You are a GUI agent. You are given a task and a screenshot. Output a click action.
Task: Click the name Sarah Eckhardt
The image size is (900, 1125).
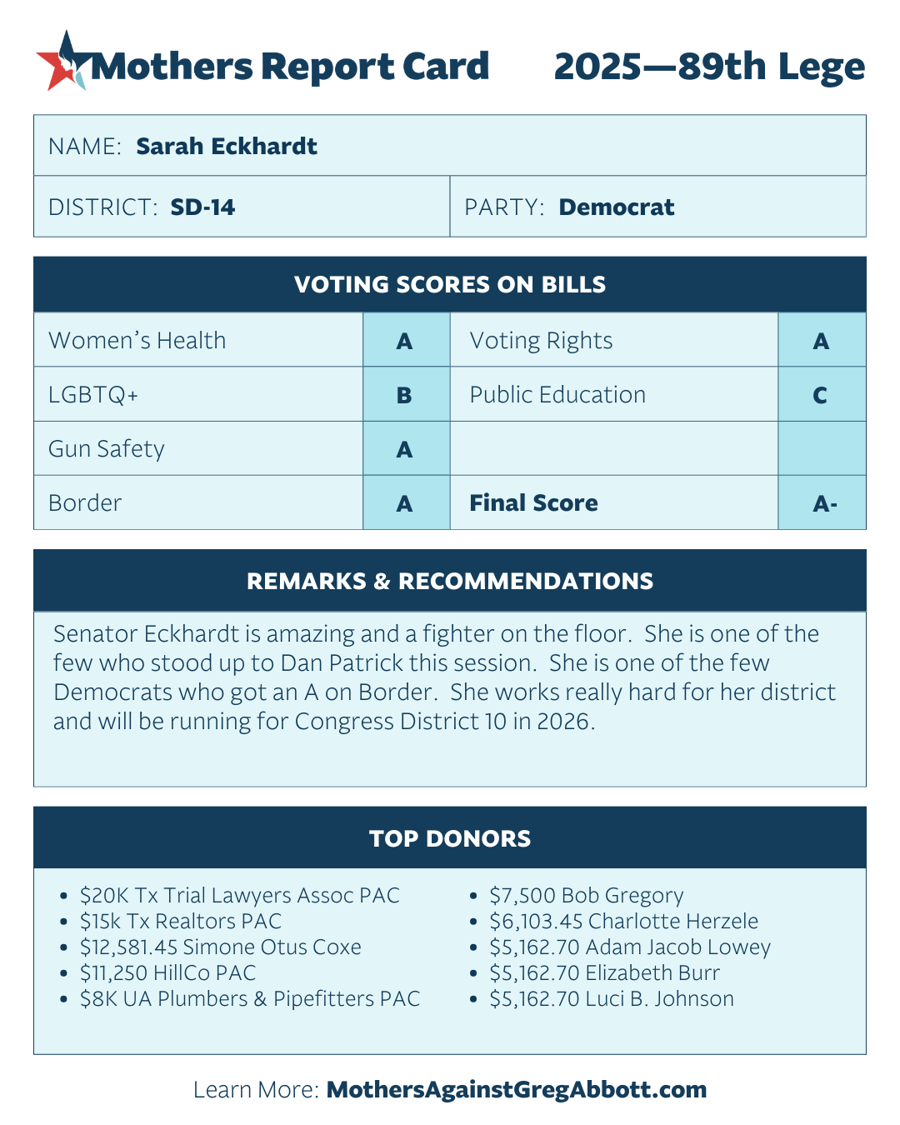(x=227, y=147)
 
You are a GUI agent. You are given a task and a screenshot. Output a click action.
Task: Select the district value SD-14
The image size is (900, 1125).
(x=202, y=207)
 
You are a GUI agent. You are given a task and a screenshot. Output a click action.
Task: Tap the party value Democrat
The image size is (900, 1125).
(x=616, y=207)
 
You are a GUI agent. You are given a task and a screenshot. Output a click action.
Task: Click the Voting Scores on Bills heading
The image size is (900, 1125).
(x=450, y=285)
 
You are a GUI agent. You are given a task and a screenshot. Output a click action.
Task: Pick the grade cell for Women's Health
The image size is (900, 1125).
(x=405, y=341)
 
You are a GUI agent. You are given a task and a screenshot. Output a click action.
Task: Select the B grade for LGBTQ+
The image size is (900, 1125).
(x=405, y=395)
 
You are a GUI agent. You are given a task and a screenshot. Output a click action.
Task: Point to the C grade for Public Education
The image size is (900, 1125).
(x=821, y=395)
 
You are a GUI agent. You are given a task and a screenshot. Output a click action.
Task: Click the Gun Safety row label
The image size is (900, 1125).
(x=107, y=449)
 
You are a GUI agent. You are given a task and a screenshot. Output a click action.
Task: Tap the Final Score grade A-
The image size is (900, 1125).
(x=824, y=503)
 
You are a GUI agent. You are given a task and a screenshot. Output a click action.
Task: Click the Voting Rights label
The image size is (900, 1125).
(x=541, y=341)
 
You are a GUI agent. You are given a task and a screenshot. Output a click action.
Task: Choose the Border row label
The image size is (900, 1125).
(x=85, y=503)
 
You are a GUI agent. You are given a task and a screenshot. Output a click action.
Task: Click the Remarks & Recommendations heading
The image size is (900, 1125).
(x=450, y=582)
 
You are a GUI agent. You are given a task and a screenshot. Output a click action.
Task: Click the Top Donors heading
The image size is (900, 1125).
(x=450, y=839)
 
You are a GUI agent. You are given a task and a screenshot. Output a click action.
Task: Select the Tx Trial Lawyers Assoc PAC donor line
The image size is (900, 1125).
(x=240, y=896)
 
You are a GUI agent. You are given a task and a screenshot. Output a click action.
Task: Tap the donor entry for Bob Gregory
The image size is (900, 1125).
(x=587, y=896)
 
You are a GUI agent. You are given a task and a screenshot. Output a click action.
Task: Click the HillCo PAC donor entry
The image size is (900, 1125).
(x=168, y=973)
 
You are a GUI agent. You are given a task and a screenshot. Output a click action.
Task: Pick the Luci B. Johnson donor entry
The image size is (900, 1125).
(x=612, y=999)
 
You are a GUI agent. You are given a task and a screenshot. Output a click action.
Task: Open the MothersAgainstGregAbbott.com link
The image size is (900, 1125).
(x=517, y=1090)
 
